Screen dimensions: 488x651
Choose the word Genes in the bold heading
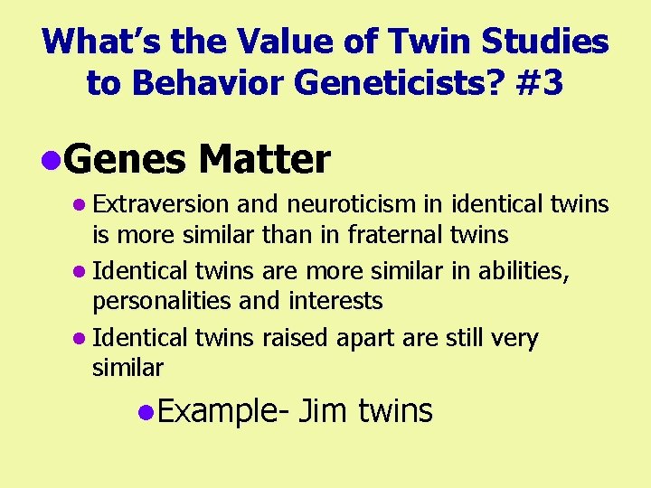tap(126, 160)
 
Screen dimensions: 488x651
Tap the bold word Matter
tap(265, 160)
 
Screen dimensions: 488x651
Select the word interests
tap(336, 301)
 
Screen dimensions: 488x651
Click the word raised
tap(296, 339)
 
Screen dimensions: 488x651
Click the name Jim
tap(324, 411)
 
